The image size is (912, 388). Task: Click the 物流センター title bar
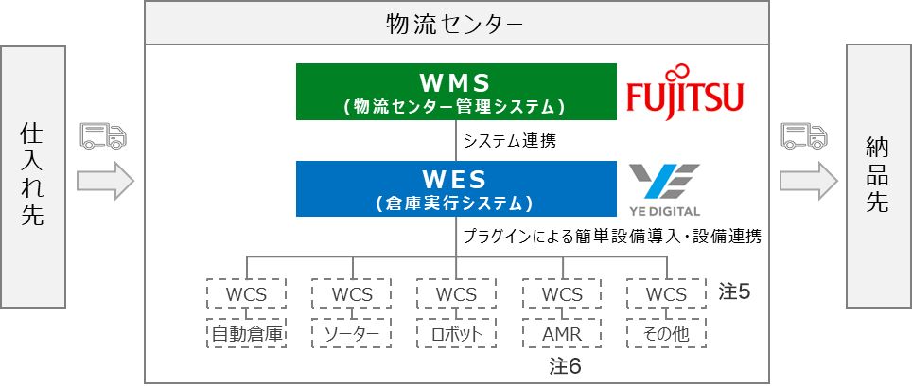coord(457,23)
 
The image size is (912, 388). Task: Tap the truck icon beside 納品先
coord(803,136)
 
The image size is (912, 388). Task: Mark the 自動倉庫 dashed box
coord(247,334)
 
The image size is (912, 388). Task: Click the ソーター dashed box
coord(352,334)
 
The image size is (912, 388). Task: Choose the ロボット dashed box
coord(457,334)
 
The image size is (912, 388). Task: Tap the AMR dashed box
coord(562,334)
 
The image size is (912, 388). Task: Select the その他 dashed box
coord(666,334)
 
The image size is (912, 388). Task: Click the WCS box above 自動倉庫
coord(247,293)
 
